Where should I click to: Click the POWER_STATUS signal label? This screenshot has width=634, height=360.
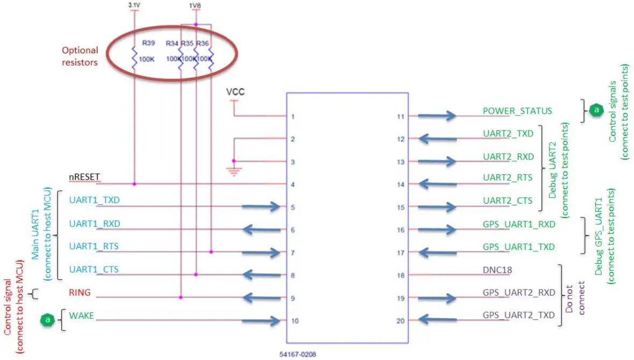point(517,111)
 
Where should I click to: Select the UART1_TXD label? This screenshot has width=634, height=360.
point(95,200)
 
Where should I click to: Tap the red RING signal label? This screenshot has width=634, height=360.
point(80,293)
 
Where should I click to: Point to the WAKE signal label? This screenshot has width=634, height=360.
point(82,316)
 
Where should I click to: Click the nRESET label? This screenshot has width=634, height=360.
point(85,177)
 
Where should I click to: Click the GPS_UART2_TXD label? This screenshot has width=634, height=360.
point(519,315)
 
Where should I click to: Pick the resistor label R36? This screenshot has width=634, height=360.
point(203,43)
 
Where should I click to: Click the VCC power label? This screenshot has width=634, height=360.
point(235,92)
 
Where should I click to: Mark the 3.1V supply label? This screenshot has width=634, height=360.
point(134,5)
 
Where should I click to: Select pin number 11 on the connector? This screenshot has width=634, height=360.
point(400,116)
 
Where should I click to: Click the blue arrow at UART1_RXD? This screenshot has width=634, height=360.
point(262,230)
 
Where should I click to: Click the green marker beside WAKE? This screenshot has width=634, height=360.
point(48,320)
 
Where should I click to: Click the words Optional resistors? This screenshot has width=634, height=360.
point(80,56)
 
